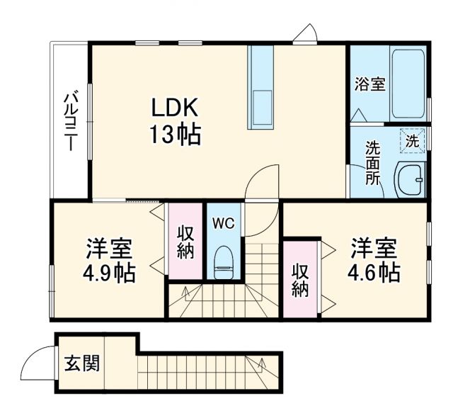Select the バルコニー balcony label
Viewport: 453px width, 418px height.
pos(70,120)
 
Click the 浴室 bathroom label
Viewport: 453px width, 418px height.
pos(369,84)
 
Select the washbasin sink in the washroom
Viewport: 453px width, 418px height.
pos(409,180)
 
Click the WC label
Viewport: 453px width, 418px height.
pos(224,224)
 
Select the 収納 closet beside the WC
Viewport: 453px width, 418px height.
pos(185,242)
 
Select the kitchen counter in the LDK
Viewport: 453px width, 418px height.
pos(260,87)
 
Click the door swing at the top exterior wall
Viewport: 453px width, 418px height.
pos(307,33)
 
